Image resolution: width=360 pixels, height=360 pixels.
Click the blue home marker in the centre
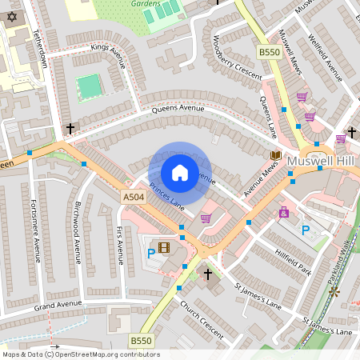coord(180,172)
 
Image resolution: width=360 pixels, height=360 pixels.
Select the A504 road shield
coord(133,197)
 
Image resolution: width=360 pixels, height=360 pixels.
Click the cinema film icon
coord(165,247)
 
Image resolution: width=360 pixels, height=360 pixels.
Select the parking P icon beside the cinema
coord(151,254)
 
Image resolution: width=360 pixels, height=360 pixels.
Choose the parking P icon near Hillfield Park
coord(305,230)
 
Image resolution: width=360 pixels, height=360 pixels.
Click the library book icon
coord(276,154)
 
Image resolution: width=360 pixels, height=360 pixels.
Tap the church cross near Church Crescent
coord(208,274)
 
